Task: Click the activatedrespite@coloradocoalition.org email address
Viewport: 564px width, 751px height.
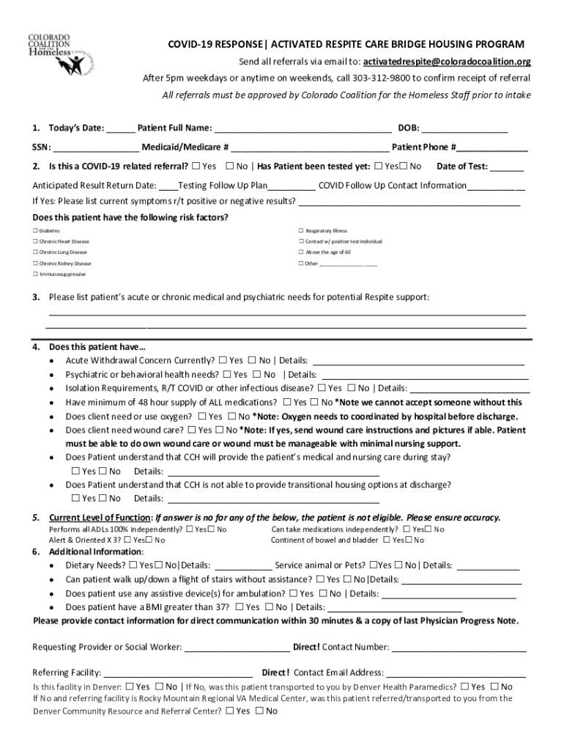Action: [447, 62]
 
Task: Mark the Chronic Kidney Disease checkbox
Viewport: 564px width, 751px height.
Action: [34, 263]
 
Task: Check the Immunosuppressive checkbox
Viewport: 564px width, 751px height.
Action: [34, 274]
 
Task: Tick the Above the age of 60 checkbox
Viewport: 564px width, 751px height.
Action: [300, 252]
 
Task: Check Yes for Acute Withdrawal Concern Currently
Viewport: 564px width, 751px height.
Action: [223, 361]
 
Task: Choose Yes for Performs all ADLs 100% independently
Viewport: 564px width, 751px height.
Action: [190, 530]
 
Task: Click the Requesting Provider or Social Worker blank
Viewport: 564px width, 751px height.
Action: [237, 648]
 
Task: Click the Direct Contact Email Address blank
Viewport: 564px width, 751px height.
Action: [456, 673]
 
